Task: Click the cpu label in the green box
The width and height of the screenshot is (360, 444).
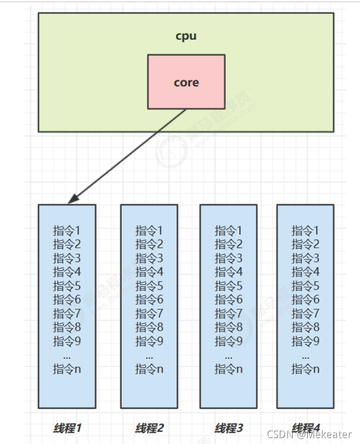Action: point(186,36)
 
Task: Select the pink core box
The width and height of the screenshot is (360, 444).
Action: point(186,82)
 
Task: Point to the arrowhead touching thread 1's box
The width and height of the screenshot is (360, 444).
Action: point(71,201)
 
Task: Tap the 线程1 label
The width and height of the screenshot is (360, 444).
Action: point(67,428)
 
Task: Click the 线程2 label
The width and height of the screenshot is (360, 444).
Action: point(149,428)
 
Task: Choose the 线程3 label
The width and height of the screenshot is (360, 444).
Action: point(229,428)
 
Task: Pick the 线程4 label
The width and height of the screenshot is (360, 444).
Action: point(305,428)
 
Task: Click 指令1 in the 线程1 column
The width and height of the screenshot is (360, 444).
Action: point(67,231)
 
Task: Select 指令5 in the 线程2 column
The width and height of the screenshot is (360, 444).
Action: point(149,286)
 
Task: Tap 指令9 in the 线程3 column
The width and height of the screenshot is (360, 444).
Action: point(229,341)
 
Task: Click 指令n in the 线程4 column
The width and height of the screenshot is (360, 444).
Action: point(305,369)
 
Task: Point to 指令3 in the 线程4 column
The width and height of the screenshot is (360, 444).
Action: point(305,258)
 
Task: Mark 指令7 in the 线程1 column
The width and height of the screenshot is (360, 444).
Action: point(67,313)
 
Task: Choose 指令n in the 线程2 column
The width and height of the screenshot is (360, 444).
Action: point(149,369)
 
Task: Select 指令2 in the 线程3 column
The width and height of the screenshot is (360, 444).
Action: point(229,244)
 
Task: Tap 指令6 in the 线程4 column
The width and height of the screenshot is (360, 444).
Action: point(305,300)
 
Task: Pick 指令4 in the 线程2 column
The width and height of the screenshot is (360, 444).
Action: point(149,272)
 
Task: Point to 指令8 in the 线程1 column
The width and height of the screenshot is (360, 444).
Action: point(67,327)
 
